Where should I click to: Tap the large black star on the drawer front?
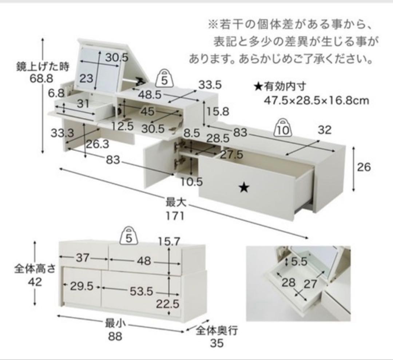point(244,187)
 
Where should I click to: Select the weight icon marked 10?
point(284,128)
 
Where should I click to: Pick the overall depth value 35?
point(217,343)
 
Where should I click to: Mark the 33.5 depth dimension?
point(210,85)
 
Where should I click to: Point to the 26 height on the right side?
point(364,167)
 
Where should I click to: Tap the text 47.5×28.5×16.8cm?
point(316,100)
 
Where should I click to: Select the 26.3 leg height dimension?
point(98,145)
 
